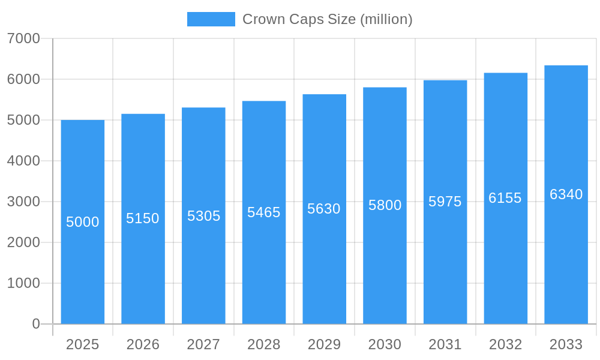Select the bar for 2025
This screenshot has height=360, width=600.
point(83,270)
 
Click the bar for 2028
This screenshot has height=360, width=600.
point(264,270)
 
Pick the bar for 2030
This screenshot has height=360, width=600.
point(385,270)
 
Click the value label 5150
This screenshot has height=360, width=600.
point(143,218)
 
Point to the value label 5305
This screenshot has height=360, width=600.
point(204,216)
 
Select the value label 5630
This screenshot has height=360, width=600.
point(324,209)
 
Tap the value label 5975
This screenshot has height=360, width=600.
point(445,202)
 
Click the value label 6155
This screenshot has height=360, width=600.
point(505,198)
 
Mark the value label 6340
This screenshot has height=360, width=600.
point(566,194)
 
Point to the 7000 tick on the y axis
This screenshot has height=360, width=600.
point(23,38)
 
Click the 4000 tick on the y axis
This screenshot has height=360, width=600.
point(23,161)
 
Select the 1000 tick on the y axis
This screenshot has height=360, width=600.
point(23,283)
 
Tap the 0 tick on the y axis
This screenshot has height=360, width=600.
point(36,324)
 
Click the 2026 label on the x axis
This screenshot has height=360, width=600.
point(143,344)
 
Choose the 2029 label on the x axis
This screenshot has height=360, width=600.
point(324,344)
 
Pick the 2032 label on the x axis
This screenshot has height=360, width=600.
point(505,344)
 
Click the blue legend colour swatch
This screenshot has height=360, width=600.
point(211,19)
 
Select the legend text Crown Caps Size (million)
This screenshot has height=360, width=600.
point(328,19)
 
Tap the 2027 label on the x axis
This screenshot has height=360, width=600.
point(203,344)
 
